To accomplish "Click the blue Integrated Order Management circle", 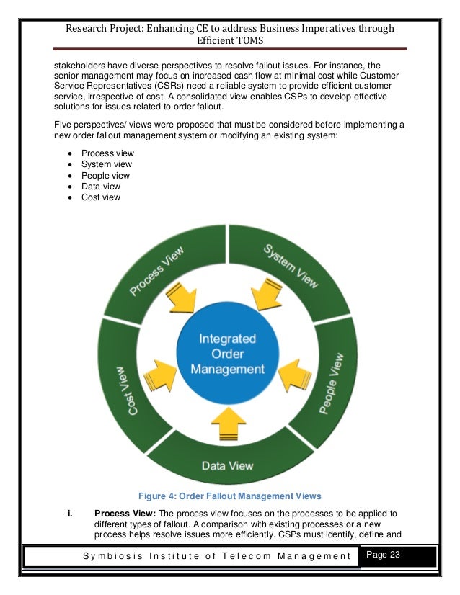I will [x=227, y=354].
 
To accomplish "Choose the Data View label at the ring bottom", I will [x=227, y=465].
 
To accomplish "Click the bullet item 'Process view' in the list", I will [x=107, y=153].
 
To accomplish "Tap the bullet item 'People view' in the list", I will [x=105, y=175].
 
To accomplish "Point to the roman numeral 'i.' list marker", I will [x=69, y=513].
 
